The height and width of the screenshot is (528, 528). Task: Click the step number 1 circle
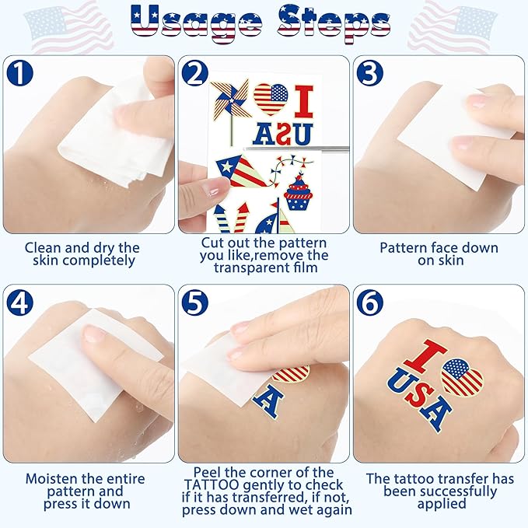coord(20,72)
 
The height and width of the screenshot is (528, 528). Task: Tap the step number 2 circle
coord(195,72)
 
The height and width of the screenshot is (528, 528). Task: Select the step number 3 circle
coord(370,72)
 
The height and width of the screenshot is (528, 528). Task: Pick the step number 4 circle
coord(20,302)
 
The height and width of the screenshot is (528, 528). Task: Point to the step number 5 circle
coord(195,302)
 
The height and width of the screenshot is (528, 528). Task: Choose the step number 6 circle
coord(370,302)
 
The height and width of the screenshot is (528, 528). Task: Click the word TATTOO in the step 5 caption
coord(212,485)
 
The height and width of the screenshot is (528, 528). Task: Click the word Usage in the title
coord(196,22)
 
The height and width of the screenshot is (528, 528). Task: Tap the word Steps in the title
coord(334,23)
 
